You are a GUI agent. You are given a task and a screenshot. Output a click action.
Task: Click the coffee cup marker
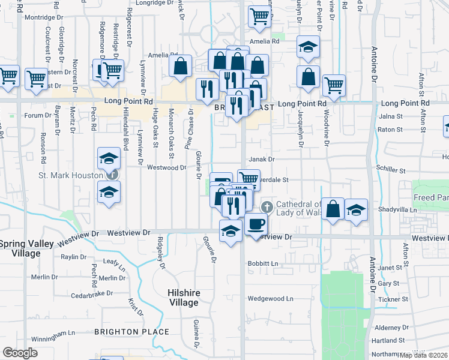click(256, 224)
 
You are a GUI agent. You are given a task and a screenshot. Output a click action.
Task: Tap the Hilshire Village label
click(182, 298)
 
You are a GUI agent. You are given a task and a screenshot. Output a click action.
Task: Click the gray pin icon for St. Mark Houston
click(112, 175)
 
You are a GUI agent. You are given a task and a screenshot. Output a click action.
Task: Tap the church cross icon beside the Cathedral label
click(267, 208)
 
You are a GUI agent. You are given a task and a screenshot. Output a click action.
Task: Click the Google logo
click(20, 353)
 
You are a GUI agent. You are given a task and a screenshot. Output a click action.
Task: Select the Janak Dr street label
click(262, 160)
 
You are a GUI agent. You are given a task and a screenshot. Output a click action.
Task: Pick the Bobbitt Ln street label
click(264, 264)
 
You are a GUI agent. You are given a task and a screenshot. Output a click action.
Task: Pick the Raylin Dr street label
click(74, 257)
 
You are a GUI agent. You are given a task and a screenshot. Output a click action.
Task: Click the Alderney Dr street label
click(391, 328)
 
